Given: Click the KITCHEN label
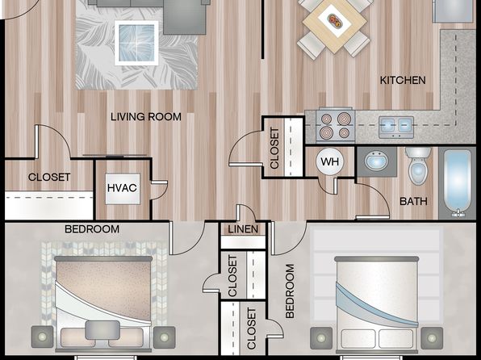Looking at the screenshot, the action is [403, 81].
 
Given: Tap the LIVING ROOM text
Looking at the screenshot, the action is [146, 117].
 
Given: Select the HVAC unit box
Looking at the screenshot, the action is [123, 189].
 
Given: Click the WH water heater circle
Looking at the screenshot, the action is [330, 161].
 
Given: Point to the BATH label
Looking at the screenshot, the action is [413, 201].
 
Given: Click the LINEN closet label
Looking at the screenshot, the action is [243, 229].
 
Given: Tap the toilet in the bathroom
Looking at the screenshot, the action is [418, 165].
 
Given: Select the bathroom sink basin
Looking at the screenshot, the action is [376, 161].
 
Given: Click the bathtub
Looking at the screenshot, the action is [457, 183].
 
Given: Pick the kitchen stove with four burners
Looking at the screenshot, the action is [335, 125].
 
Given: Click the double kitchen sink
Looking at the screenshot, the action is [396, 127].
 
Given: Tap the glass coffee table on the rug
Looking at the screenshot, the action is [137, 43].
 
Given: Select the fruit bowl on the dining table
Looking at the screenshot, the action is [334, 21].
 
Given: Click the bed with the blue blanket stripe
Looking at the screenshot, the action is [377, 304].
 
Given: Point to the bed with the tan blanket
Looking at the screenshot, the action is [103, 303].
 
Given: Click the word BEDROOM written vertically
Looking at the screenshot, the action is [290, 291].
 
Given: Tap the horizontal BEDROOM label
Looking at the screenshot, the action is [92, 229].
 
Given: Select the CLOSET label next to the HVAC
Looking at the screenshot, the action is [49, 177].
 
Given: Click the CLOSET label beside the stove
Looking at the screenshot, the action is [274, 149].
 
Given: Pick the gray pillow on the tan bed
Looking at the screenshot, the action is [102, 330].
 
